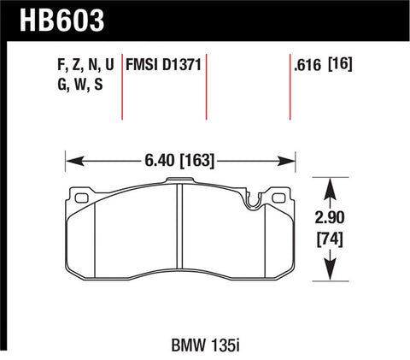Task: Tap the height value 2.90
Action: click(x=331, y=217)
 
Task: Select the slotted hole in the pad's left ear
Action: click(x=82, y=198)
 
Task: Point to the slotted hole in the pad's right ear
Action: click(x=279, y=198)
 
